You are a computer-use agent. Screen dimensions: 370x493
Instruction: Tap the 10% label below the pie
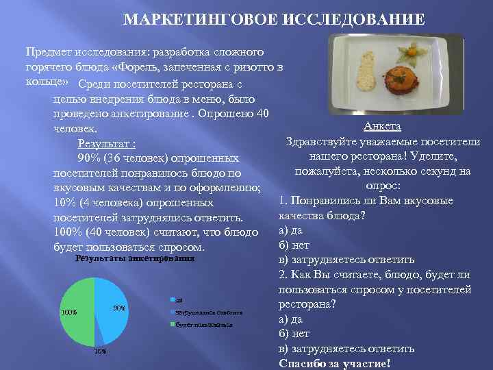(x=100, y=351)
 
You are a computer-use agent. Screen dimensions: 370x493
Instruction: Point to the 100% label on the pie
(x=69, y=312)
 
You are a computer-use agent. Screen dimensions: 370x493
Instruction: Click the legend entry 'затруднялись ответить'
(x=209, y=312)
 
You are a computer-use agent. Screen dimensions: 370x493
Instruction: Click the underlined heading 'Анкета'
(x=383, y=127)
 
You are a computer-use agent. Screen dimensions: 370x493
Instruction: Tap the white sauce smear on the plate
(x=366, y=71)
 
